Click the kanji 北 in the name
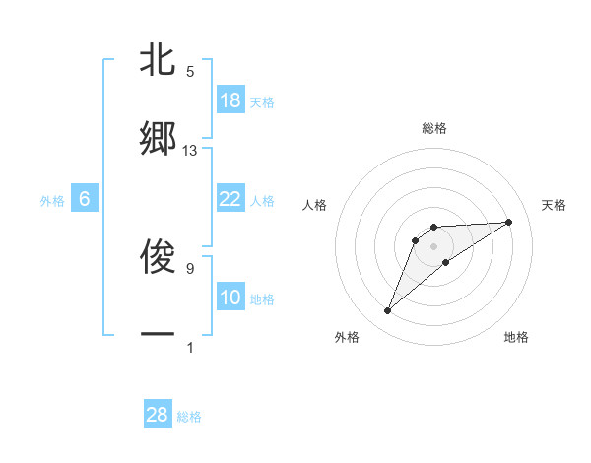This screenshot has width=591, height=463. [158, 60]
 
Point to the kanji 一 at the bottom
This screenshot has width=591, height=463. [158, 336]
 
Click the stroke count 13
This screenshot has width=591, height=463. [190, 151]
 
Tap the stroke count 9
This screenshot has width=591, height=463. [190, 268]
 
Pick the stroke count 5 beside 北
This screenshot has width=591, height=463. [190, 72]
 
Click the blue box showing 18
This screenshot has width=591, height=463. [230, 100]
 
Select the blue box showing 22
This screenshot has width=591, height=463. [230, 199]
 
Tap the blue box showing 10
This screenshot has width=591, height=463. [230, 298]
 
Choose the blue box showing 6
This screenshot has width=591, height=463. [85, 199]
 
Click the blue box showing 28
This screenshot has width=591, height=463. [158, 415]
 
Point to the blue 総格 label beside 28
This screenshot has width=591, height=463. [189, 417]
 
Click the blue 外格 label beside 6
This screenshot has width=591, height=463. [52, 201]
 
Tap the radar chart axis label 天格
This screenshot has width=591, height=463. [555, 205]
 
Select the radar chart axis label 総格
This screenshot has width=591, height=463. [434, 128]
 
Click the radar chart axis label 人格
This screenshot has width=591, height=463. [315, 205]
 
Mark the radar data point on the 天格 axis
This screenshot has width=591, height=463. [509, 222]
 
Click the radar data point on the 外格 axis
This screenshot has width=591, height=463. [387, 311]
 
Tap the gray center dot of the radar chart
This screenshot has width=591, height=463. [434, 245]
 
